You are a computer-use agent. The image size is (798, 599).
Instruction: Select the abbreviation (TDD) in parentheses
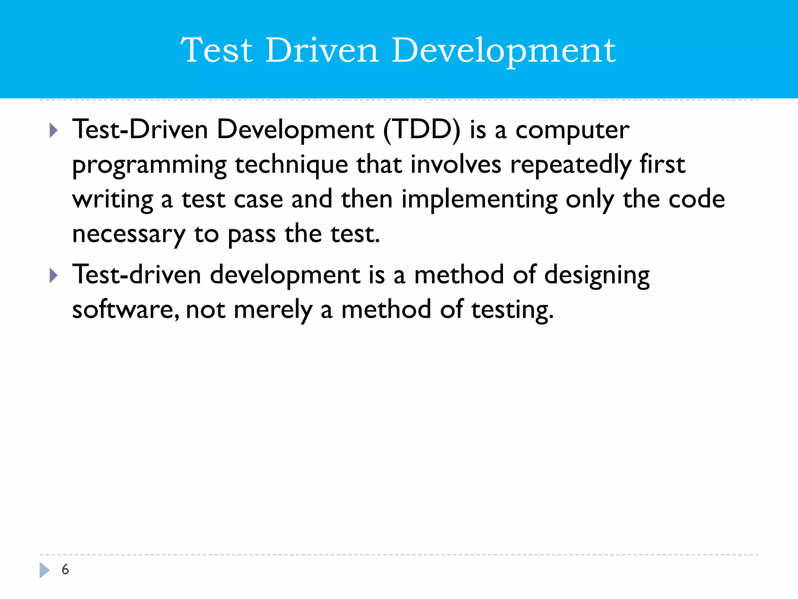(422, 129)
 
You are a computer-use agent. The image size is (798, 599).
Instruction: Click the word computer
(572, 130)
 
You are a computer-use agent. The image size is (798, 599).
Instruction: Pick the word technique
(291, 165)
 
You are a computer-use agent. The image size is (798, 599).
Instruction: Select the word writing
(113, 200)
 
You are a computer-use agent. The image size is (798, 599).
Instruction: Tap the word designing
(597, 275)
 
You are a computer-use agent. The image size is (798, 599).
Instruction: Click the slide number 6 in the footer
(65, 569)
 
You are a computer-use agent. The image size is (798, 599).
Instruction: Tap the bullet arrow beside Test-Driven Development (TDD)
(54, 130)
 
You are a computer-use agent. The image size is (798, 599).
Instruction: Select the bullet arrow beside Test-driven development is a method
(54, 276)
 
